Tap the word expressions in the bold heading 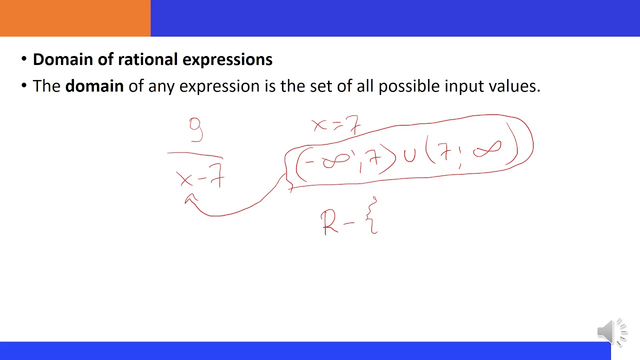pyautogui.click(x=227, y=59)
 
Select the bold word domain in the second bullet pyautogui.click(x=94, y=86)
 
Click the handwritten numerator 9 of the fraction pyautogui.click(x=196, y=129)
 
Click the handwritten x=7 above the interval pyautogui.click(x=335, y=125)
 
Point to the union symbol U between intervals pyautogui.click(x=410, y=155)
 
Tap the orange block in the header pyautogui.click(x=75, y=18)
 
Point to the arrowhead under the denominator pyautogui.click(x=188, y=199)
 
